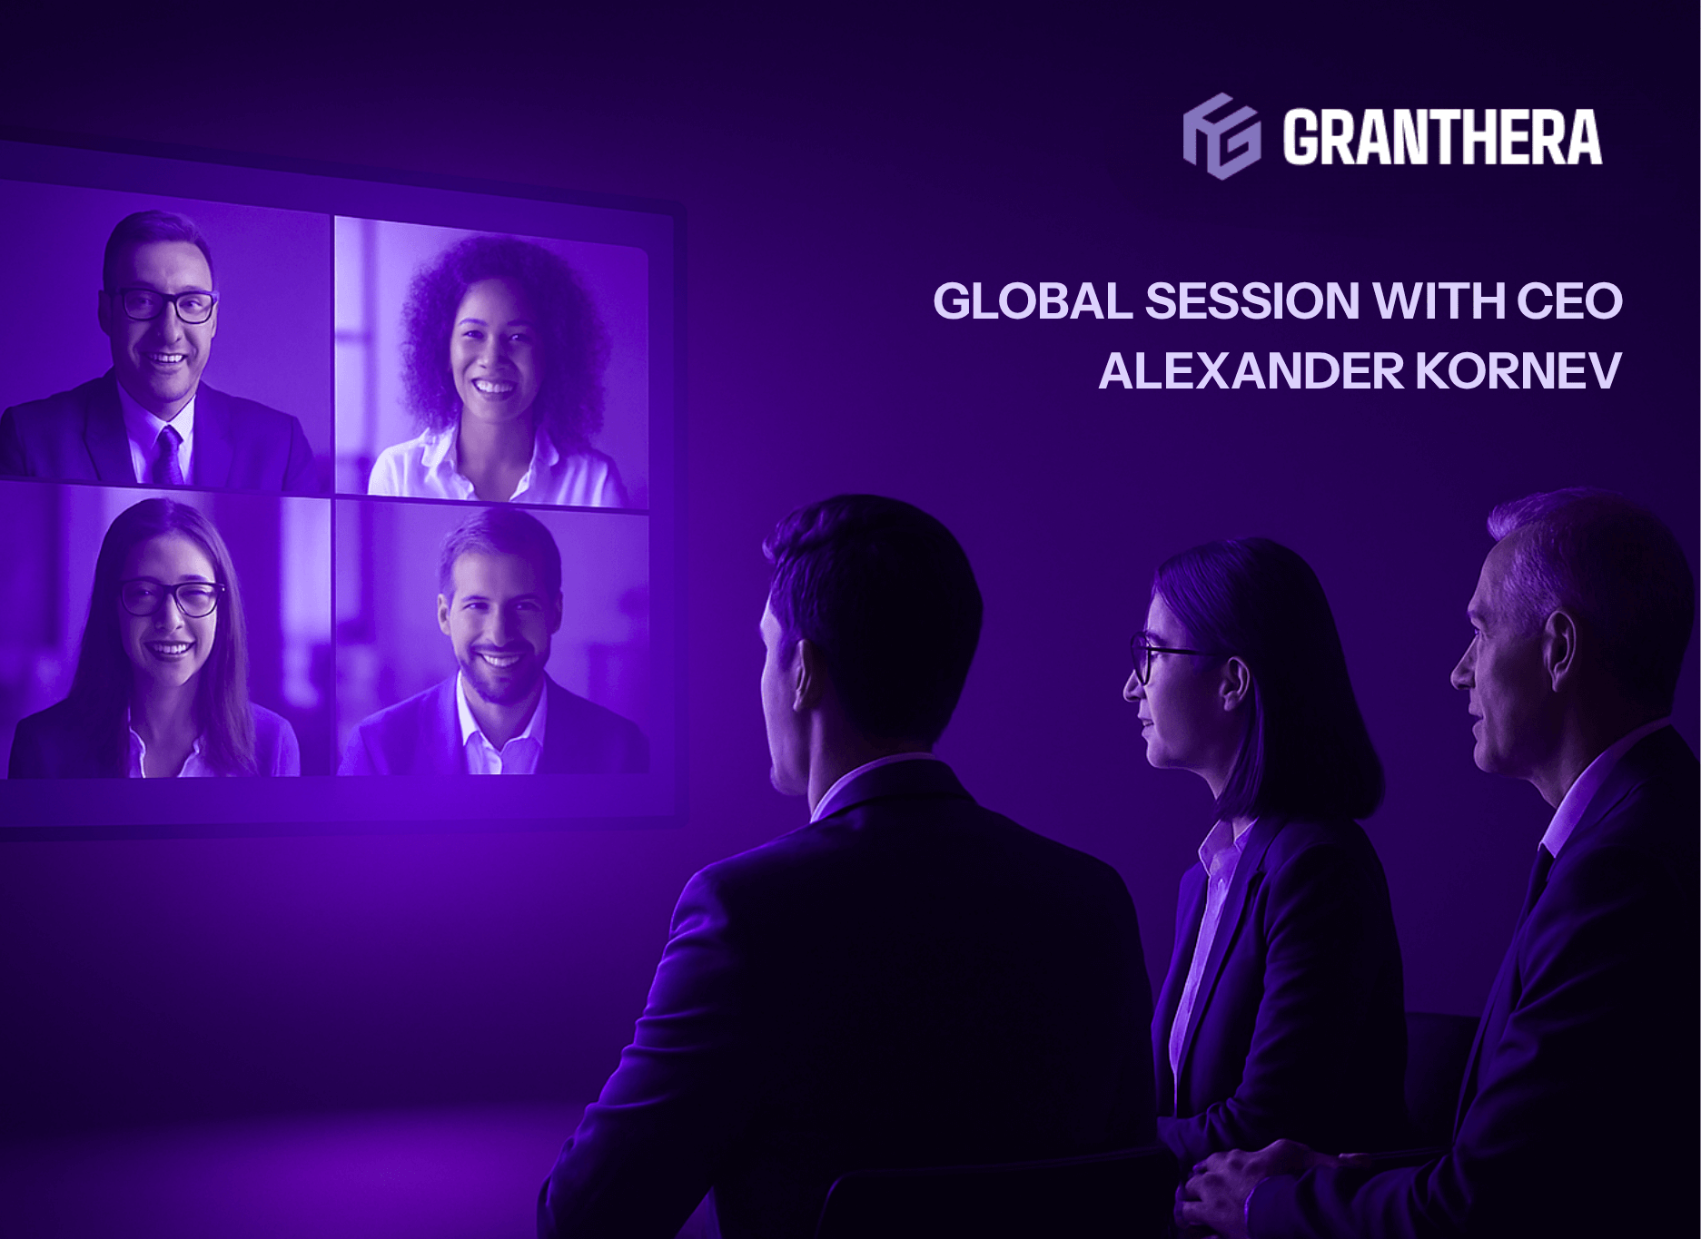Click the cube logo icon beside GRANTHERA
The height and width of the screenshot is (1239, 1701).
[1221, 136]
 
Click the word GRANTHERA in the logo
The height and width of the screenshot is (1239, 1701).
[1442, 137]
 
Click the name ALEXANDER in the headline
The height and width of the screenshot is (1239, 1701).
[1239, 370]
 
